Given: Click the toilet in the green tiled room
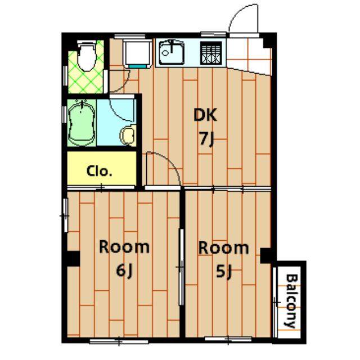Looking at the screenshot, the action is pyautogui.click(x=86, y=56).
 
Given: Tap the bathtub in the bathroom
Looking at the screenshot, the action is pyautogui.click(x=82, y=123).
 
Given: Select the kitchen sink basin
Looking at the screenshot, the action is pyautogui.click(x=172, y=52).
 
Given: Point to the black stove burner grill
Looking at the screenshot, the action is pyautogui.click(x=211, y=53).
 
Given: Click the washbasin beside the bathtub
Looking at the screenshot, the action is pyautogui.click(x=128, y=135).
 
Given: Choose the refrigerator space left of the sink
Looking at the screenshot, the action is pyautogui.click(x=137, y=54).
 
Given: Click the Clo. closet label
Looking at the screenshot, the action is pyautogui.click(x=99, y=171).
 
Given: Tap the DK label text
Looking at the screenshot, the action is pyautogui.click(x=205, y=115).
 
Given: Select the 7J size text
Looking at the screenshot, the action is pyautogui.click(x=207, y=139).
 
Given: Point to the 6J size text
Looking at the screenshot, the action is pyautogui.click(x=124, y=271).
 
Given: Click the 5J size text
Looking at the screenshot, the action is pyautogui.click(x=223, y=272).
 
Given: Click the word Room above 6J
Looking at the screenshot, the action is pyautogui.click(x=124, y=247).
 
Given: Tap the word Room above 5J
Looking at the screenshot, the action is pyautogui.click(x=223, y=247).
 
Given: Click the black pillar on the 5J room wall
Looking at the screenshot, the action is pyautogui.click(x=266, y=255).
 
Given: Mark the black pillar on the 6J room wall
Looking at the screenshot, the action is pyautogui.click(x=73, y=259).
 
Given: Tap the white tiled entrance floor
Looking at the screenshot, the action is pyautogui.click(x=249, y=56).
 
